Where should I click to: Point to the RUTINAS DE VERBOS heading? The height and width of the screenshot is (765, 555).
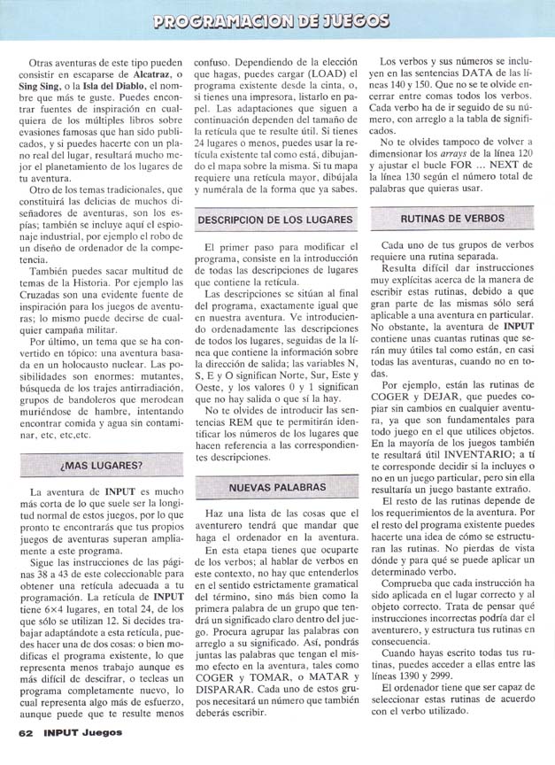pyautogui.click(x=451, y=218)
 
